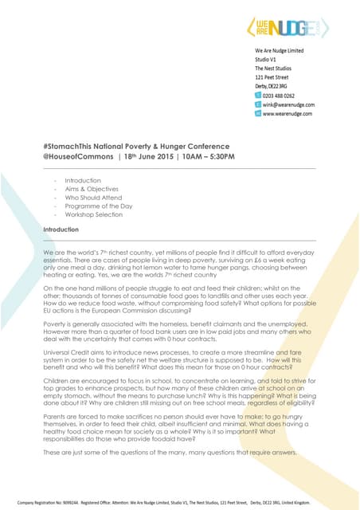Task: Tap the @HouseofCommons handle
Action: (x=76, y=157)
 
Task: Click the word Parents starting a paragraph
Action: (x=55, y=406)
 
